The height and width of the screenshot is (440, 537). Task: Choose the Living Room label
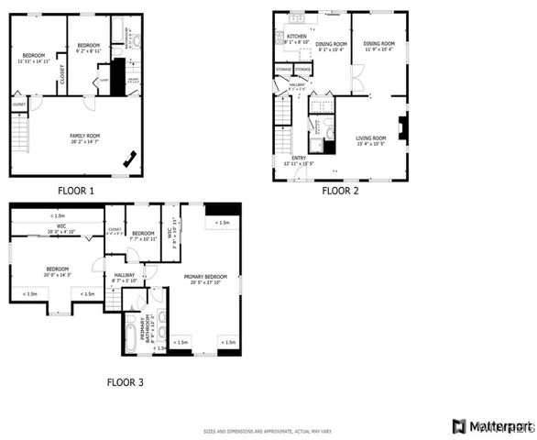click(x=371, y=141)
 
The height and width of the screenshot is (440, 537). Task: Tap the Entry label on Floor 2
click(x=299, y=160)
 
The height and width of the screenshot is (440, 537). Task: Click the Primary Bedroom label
click(x=205, y=279)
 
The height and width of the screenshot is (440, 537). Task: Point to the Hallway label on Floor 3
click(x=124, y=277)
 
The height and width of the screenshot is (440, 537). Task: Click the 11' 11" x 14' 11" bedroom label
click(x=34, y=58)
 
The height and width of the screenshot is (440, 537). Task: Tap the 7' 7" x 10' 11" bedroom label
click(x=143, y=236)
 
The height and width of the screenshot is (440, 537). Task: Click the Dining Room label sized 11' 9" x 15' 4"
click(x=378, y=46)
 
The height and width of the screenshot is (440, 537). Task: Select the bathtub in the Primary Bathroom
click(x=130, y=334)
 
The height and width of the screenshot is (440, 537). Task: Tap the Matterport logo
click(x=493, y=426)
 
